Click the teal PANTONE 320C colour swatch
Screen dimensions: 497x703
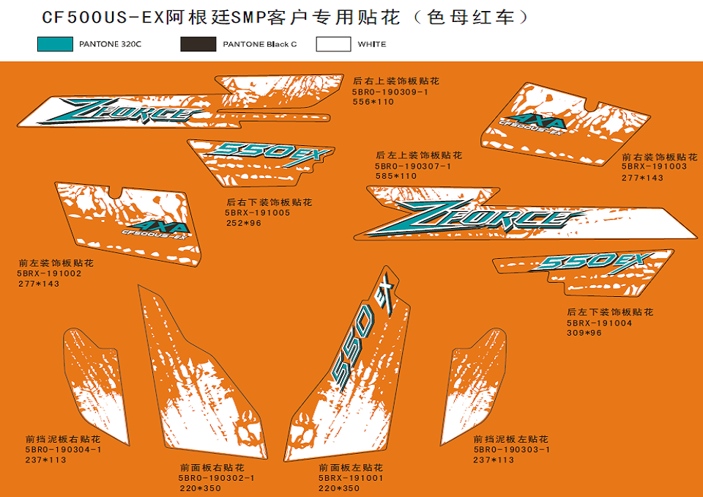point(55,45)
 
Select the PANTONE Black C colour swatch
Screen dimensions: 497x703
point(198,45)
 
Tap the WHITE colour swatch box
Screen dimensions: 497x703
point(333,45)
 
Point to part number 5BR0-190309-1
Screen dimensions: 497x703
point(390,92)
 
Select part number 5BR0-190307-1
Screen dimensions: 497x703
point(412,166)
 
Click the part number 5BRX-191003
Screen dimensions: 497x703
point(654,167)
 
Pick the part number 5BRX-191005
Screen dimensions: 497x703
point(258,213)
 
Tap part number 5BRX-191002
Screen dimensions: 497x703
point(50,273)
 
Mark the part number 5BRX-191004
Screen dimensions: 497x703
point(599,323)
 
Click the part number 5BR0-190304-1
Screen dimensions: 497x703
point(63,449)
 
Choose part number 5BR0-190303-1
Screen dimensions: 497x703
point(511,449)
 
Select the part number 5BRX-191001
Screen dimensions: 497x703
point(351,478)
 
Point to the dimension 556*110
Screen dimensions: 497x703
point(373,102)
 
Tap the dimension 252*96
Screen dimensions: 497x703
point(243,223)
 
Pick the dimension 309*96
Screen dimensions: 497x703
point(584,334)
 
